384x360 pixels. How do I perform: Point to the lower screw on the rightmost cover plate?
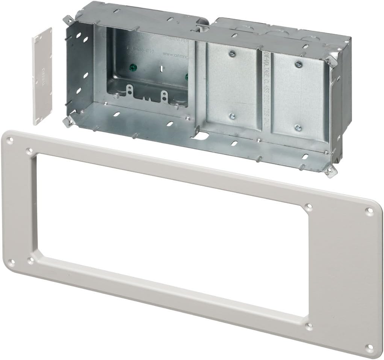(298, 127)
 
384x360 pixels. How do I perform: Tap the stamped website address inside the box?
(176, 54)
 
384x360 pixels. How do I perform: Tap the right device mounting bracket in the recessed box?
(163, 95)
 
